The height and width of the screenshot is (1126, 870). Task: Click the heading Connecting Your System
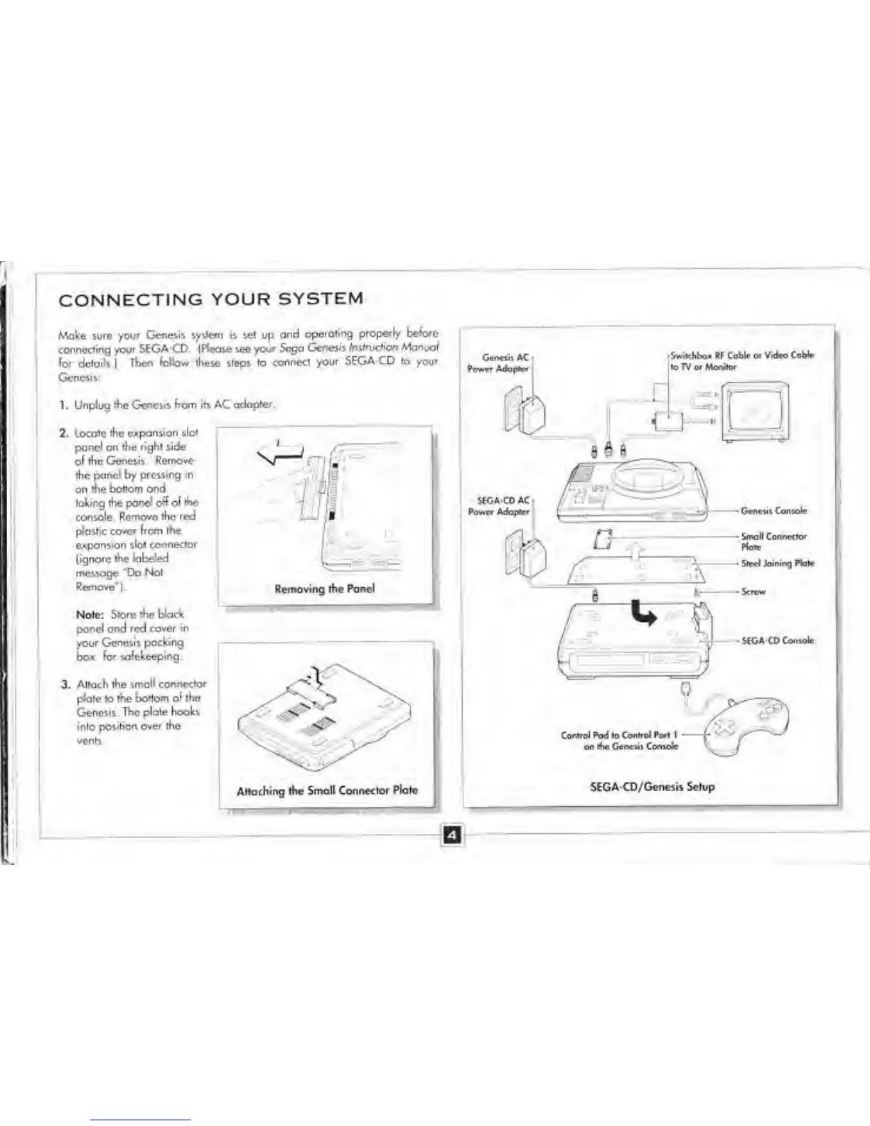click(x=211, y=299)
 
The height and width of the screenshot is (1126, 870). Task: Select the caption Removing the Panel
click(x=324, y=589)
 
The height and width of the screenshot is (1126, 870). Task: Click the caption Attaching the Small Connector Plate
click(x=327, y=790)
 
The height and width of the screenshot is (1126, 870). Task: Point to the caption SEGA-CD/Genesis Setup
click(x=652, y=787)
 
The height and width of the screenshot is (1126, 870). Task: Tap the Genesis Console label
click(x=773, y=510)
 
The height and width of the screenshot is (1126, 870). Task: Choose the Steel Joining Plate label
click(x=778, y=563)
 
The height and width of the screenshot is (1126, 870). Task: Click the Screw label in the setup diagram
click(x=753, y=591)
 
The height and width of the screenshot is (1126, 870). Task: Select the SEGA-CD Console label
click(x=778, y=640)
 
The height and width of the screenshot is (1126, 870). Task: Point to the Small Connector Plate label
click(x=773, y=542)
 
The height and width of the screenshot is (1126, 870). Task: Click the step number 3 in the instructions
click(x=65, y=685)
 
